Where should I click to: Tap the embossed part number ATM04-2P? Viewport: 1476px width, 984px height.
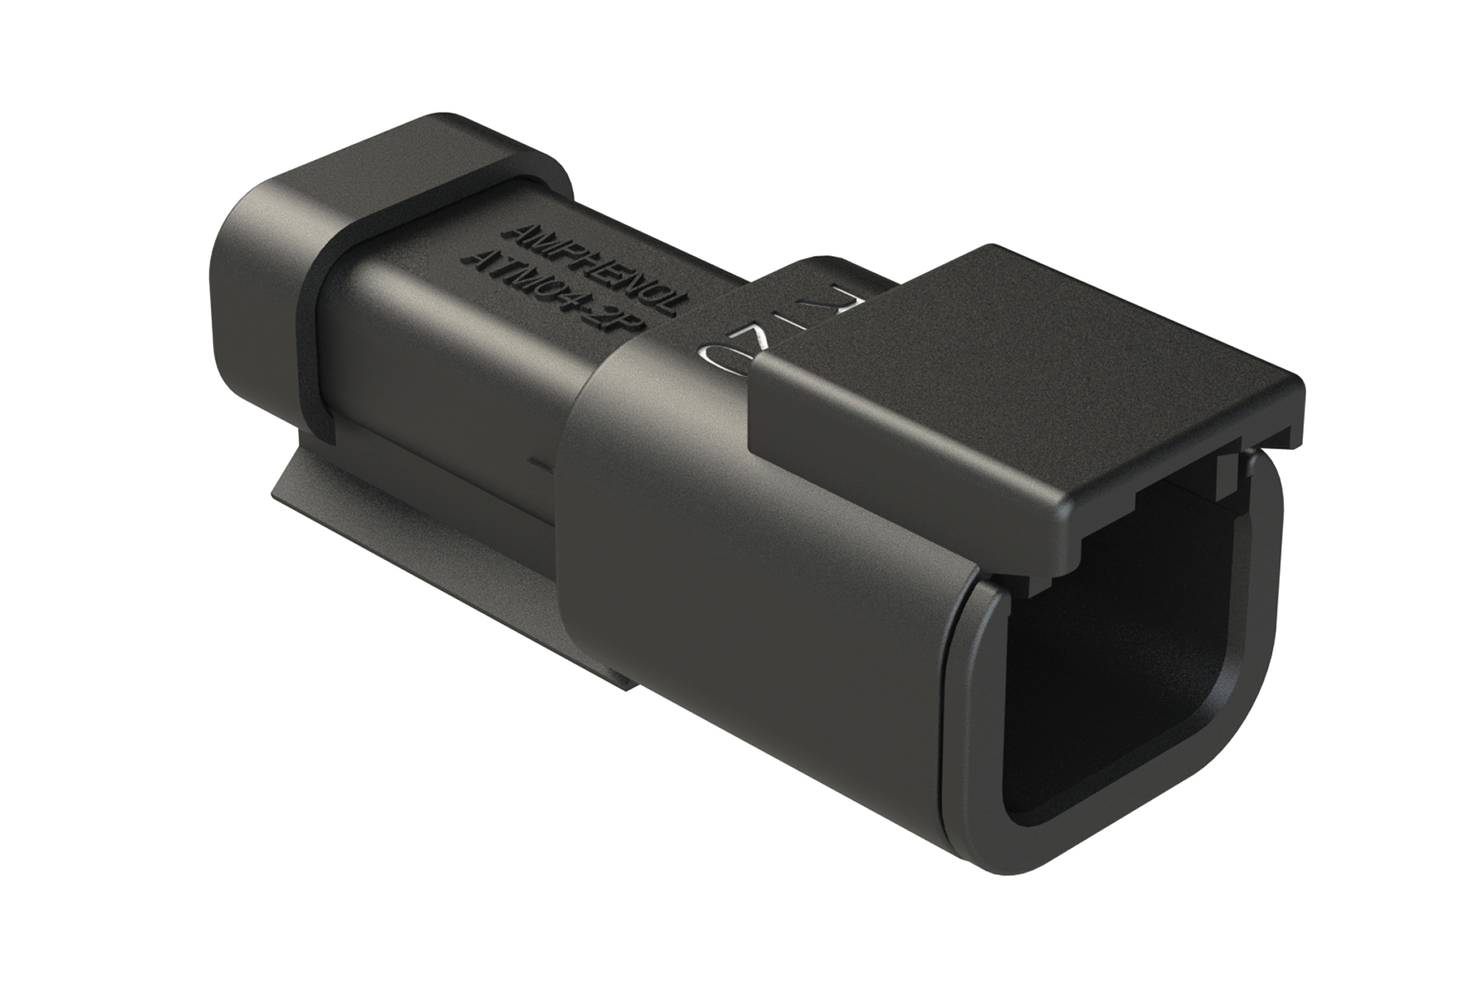point(558,291)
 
